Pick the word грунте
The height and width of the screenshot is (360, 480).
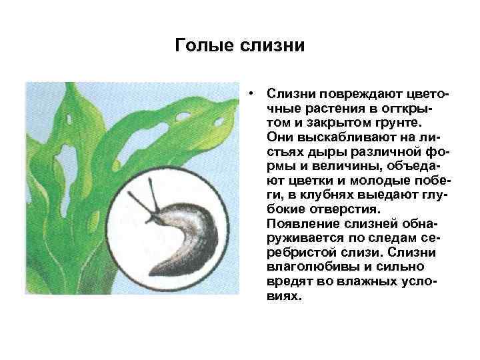coord(399,122)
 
